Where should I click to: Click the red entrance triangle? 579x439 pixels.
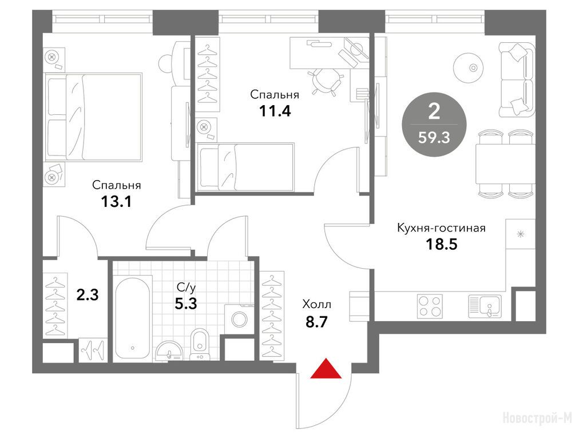pos(326,369)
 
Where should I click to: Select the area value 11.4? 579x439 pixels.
pos(275,110)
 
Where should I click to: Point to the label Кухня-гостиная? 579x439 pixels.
pos(441,228)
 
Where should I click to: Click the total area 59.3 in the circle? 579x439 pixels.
pos(434,138)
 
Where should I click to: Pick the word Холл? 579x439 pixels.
pos(317,305)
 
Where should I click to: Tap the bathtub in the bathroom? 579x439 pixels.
pos(133,317)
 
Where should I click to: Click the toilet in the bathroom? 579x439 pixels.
pos(200,344)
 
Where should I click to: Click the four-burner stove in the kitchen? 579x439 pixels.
pos(430,306)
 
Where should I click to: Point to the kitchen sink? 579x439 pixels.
pos(485,306)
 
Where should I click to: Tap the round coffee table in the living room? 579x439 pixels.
pos(473,67)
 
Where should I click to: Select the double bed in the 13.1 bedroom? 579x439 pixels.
pos(93,117)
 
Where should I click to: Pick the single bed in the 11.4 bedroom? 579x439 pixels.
pos(245,167)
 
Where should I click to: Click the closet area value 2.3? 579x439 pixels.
pos(88,295)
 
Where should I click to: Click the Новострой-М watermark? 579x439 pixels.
pos(538,418)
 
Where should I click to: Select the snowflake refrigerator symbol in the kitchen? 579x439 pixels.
pos(521,234)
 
